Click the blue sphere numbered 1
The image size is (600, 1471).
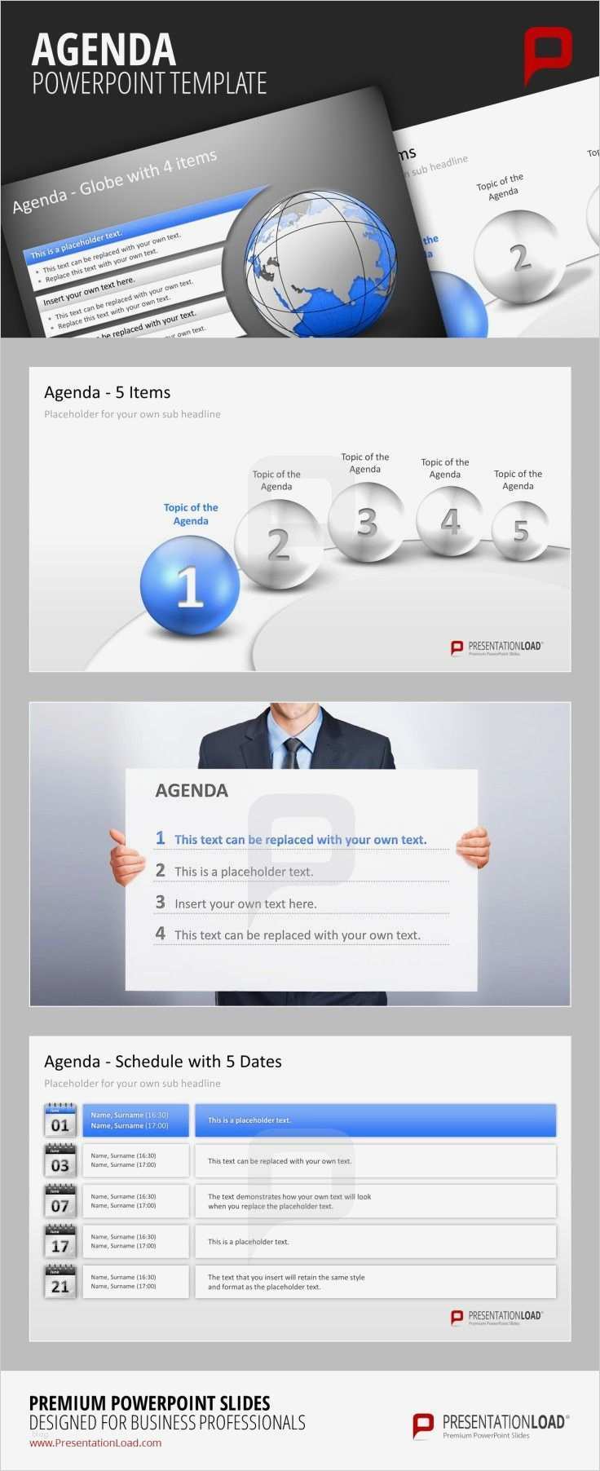pyautogui.click(x=189, y=584)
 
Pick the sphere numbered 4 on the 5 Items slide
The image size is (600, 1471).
pyautogui.click(x=449, y=520)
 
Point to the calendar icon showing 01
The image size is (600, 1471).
pyautogui.click(x=60, y=1120)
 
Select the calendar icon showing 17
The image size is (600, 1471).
pyautogui.click(x=60, y=1241)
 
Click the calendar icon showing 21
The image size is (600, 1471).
pyautogui.click(x=60, y=1282)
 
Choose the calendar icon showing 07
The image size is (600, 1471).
pyautogui.click(x=60, y=1201)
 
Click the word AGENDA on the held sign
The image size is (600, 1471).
pyautogui.click(x=192, y=790)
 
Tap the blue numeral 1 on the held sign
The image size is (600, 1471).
pyautogui.click(x=161, y=838)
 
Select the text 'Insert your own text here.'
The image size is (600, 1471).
pyautogui.click(x=245, y=903)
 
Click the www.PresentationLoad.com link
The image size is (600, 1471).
pyautogui.click(x=95, y=1442)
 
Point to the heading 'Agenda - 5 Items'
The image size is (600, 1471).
pyautogui.click(x=108, y=392)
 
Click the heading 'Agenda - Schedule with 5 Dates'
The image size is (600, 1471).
pyautogui.click(x=163, y=1061)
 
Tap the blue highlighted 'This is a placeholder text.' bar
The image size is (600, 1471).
pyautogui.click(x=375, y=1120)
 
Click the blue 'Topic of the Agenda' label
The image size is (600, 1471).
pyautogui.click(x=191, y=514)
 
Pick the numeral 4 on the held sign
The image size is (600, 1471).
pyautogui.click(x=161, y=934)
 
